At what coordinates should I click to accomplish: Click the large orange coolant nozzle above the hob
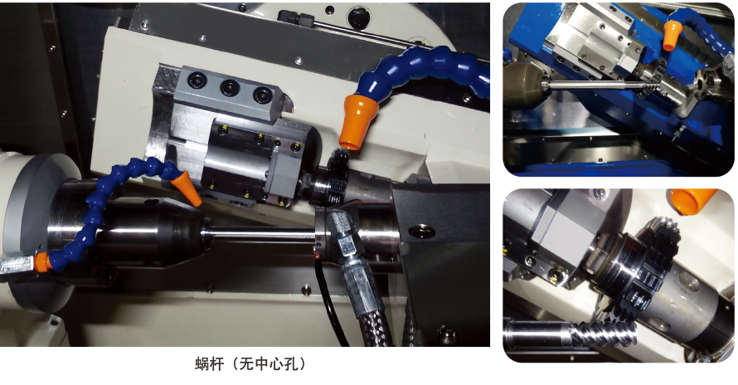coord(360,121)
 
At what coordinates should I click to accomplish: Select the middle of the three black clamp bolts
coord(230,88)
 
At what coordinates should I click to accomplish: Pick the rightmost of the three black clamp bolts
coord(262,95)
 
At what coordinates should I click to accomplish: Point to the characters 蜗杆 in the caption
coord(209,363)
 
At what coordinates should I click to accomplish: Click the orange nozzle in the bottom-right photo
coord(694,200)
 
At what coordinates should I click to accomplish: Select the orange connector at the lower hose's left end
coord(42,262)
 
